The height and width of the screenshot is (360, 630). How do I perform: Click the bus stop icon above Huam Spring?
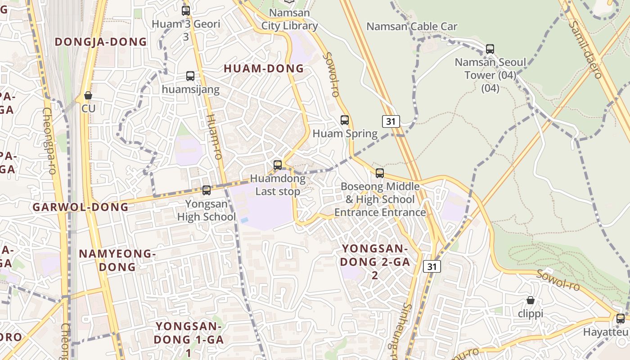point(345,120)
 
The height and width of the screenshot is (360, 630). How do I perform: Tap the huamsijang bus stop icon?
point(190,76)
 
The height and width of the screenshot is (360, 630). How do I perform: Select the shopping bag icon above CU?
point(88,95)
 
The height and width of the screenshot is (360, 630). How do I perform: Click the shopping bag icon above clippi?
point(531,300)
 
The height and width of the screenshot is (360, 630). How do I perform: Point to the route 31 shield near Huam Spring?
point(391,121)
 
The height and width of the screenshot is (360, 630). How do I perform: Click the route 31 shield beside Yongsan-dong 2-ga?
point(432,266)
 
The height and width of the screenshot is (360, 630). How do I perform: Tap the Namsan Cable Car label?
point(412,27)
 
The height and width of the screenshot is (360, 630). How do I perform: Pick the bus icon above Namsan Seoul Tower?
point(490,49)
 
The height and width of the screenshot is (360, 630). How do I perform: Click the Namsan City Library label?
point(289,19)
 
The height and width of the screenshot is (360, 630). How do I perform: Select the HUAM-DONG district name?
point(264,68)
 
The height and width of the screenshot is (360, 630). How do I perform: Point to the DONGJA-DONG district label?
point(101,42)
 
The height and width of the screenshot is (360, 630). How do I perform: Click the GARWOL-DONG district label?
point(81,207)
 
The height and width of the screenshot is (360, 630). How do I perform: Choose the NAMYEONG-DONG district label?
point(117,260)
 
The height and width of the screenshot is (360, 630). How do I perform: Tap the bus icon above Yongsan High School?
point(207,190)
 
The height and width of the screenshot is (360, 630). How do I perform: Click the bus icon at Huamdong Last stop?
point(278,165)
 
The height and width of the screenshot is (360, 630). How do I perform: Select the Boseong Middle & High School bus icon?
point(380,173)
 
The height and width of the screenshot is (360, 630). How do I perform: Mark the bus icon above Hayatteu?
point(621,319)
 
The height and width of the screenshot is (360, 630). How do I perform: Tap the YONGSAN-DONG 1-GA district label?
point(189,339)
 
